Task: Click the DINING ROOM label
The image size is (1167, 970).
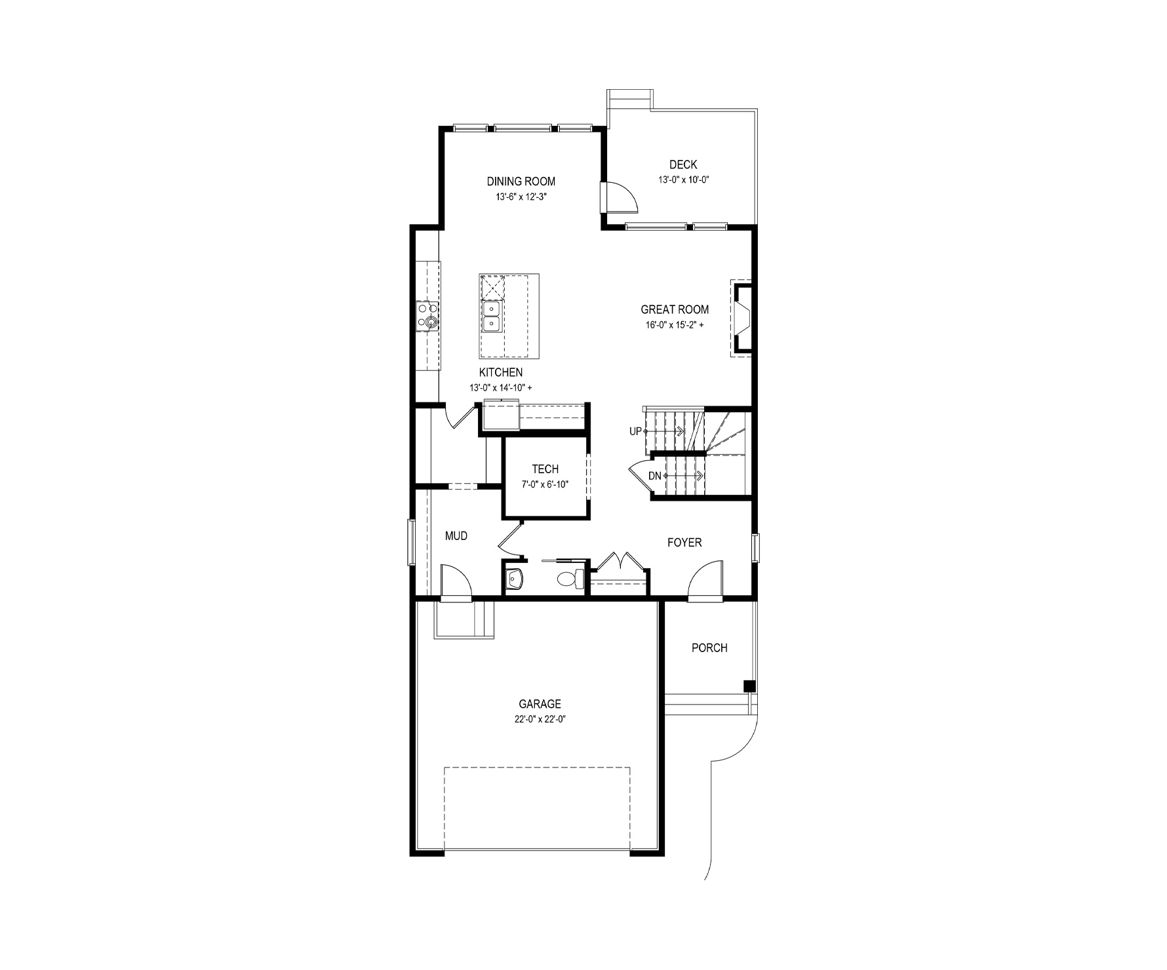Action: (521, 182)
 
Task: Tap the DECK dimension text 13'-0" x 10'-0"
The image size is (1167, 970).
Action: (684, 180)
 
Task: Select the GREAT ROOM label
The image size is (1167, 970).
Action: (675, 309)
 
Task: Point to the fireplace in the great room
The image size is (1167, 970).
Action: (741, 319)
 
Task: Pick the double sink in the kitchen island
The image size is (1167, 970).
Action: (490, 317)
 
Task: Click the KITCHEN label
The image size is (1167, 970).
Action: (500, 372)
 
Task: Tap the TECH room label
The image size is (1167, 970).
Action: (545, 469)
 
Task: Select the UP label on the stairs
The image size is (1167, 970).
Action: (635, 431)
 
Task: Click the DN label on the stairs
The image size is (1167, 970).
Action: (655, 476)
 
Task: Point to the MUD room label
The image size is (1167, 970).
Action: (456, 536)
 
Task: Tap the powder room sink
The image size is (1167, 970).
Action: (515, 579)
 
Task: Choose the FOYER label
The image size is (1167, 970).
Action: (684, 543)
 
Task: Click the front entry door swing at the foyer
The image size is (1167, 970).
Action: (706, 579)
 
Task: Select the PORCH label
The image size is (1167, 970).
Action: (709, 648)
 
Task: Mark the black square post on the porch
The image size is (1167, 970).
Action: (749, 686)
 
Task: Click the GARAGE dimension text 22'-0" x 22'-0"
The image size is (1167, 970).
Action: (540, 719)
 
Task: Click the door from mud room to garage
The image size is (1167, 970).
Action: (456, 581)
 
